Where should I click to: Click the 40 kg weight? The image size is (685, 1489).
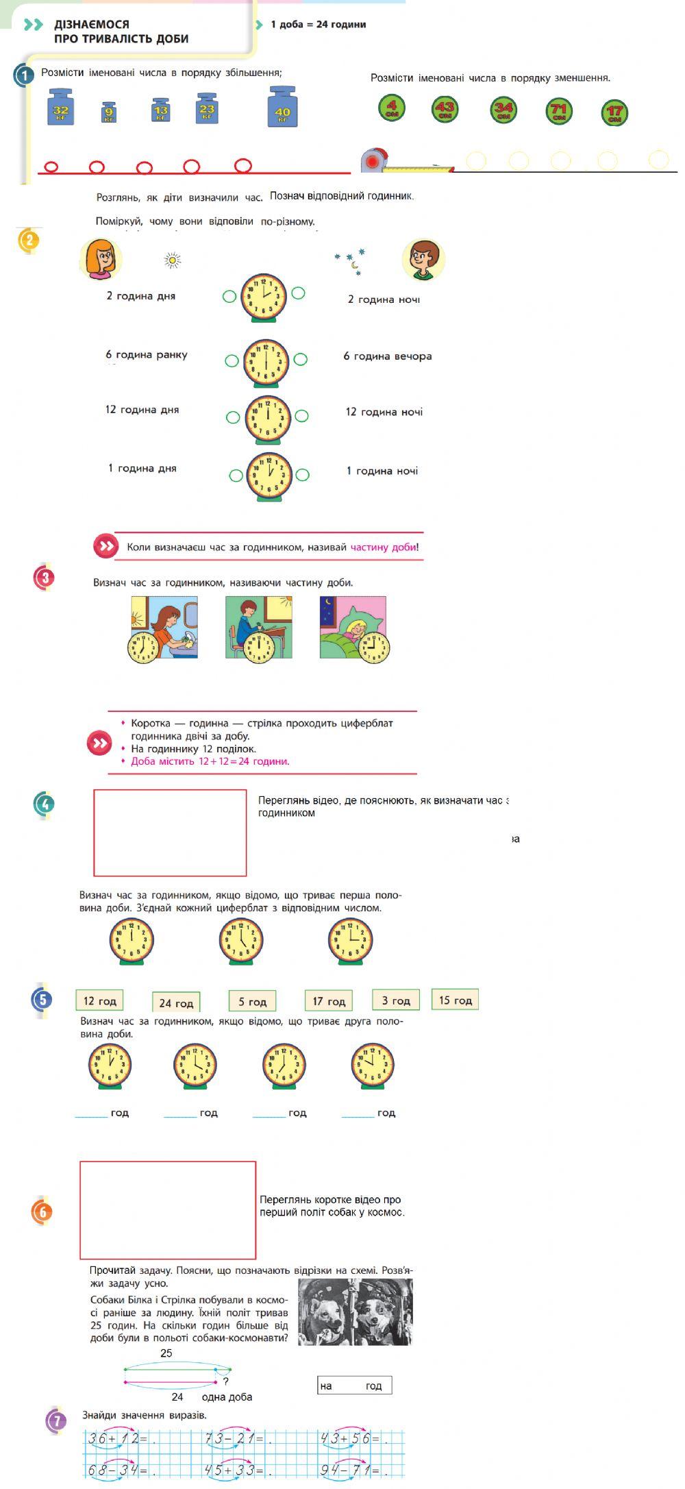pos(282,108)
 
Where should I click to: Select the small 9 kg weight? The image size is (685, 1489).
pos(108,112)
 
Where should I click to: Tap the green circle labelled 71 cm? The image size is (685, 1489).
pos(559,110)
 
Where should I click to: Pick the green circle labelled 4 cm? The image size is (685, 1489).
pos(392,108)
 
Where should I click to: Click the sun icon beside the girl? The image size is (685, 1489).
pos(173,260)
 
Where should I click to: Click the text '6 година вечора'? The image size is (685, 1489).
pos(388,356)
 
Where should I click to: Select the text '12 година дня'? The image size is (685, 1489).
pos(142,410)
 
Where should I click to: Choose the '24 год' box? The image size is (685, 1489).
pos(176,1003)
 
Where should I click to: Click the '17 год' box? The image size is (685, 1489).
pos(329,1001)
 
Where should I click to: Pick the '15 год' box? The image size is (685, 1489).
pos(456,1000)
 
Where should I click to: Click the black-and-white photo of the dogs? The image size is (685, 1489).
pos(356,1312)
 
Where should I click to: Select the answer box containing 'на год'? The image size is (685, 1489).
pos(354,1386)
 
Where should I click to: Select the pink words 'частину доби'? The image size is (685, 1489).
pos(383,547)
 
